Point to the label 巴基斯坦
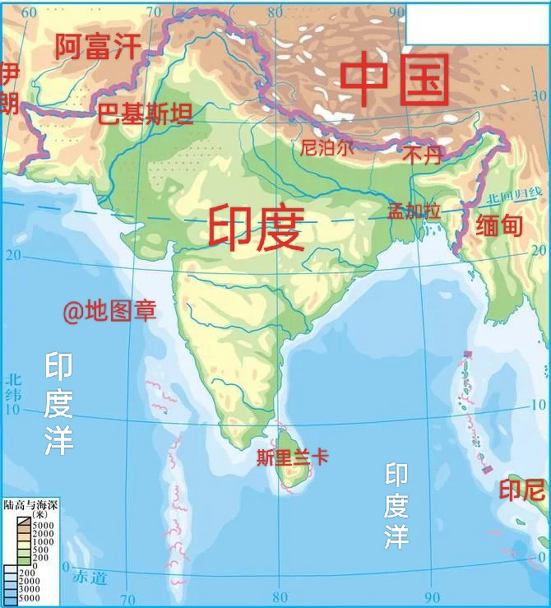point(145,114)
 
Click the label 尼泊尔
point(327,148)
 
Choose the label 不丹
point(422,154)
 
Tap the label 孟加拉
point(414,210)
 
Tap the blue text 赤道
point(90,578)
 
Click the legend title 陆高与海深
point(30,505)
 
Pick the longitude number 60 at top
point(28,12)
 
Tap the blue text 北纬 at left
point(13,387)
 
